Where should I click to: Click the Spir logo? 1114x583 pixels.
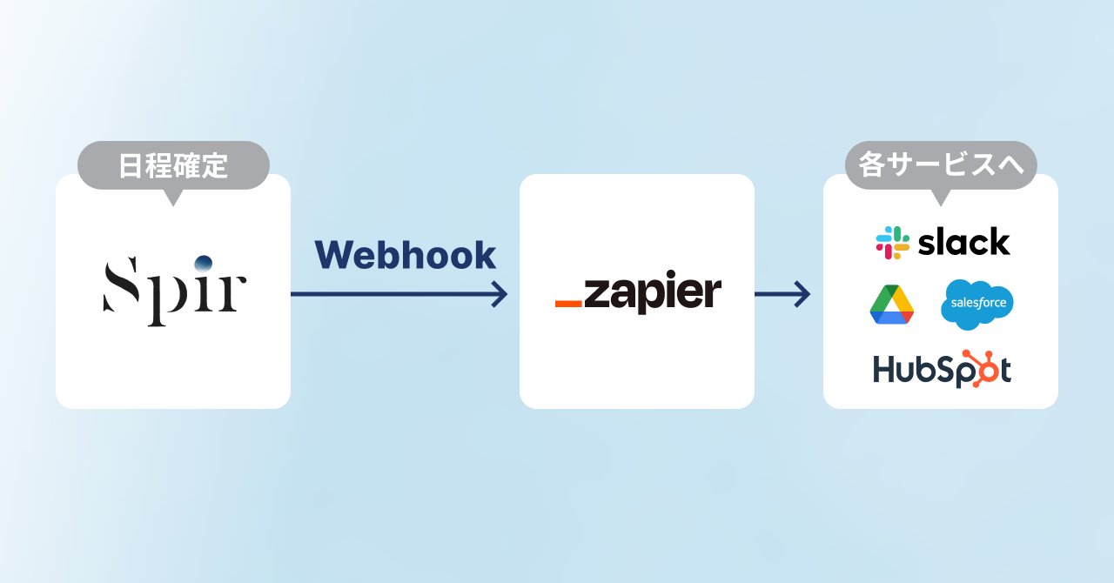174,289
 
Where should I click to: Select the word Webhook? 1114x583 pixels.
405,255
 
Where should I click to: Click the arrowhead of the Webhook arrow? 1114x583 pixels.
500,294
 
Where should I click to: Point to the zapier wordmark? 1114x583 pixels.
652,293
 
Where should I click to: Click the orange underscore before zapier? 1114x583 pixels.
568,304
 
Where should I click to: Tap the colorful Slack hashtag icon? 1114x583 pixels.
892,243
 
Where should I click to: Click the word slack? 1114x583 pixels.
964,242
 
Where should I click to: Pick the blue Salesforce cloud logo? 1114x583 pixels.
976,305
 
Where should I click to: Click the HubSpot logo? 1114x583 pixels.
942,370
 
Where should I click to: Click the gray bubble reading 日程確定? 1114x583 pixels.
173,165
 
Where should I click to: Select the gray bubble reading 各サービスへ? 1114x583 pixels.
941,165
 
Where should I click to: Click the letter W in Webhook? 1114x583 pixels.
333,255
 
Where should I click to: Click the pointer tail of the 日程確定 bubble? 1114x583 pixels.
173,198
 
